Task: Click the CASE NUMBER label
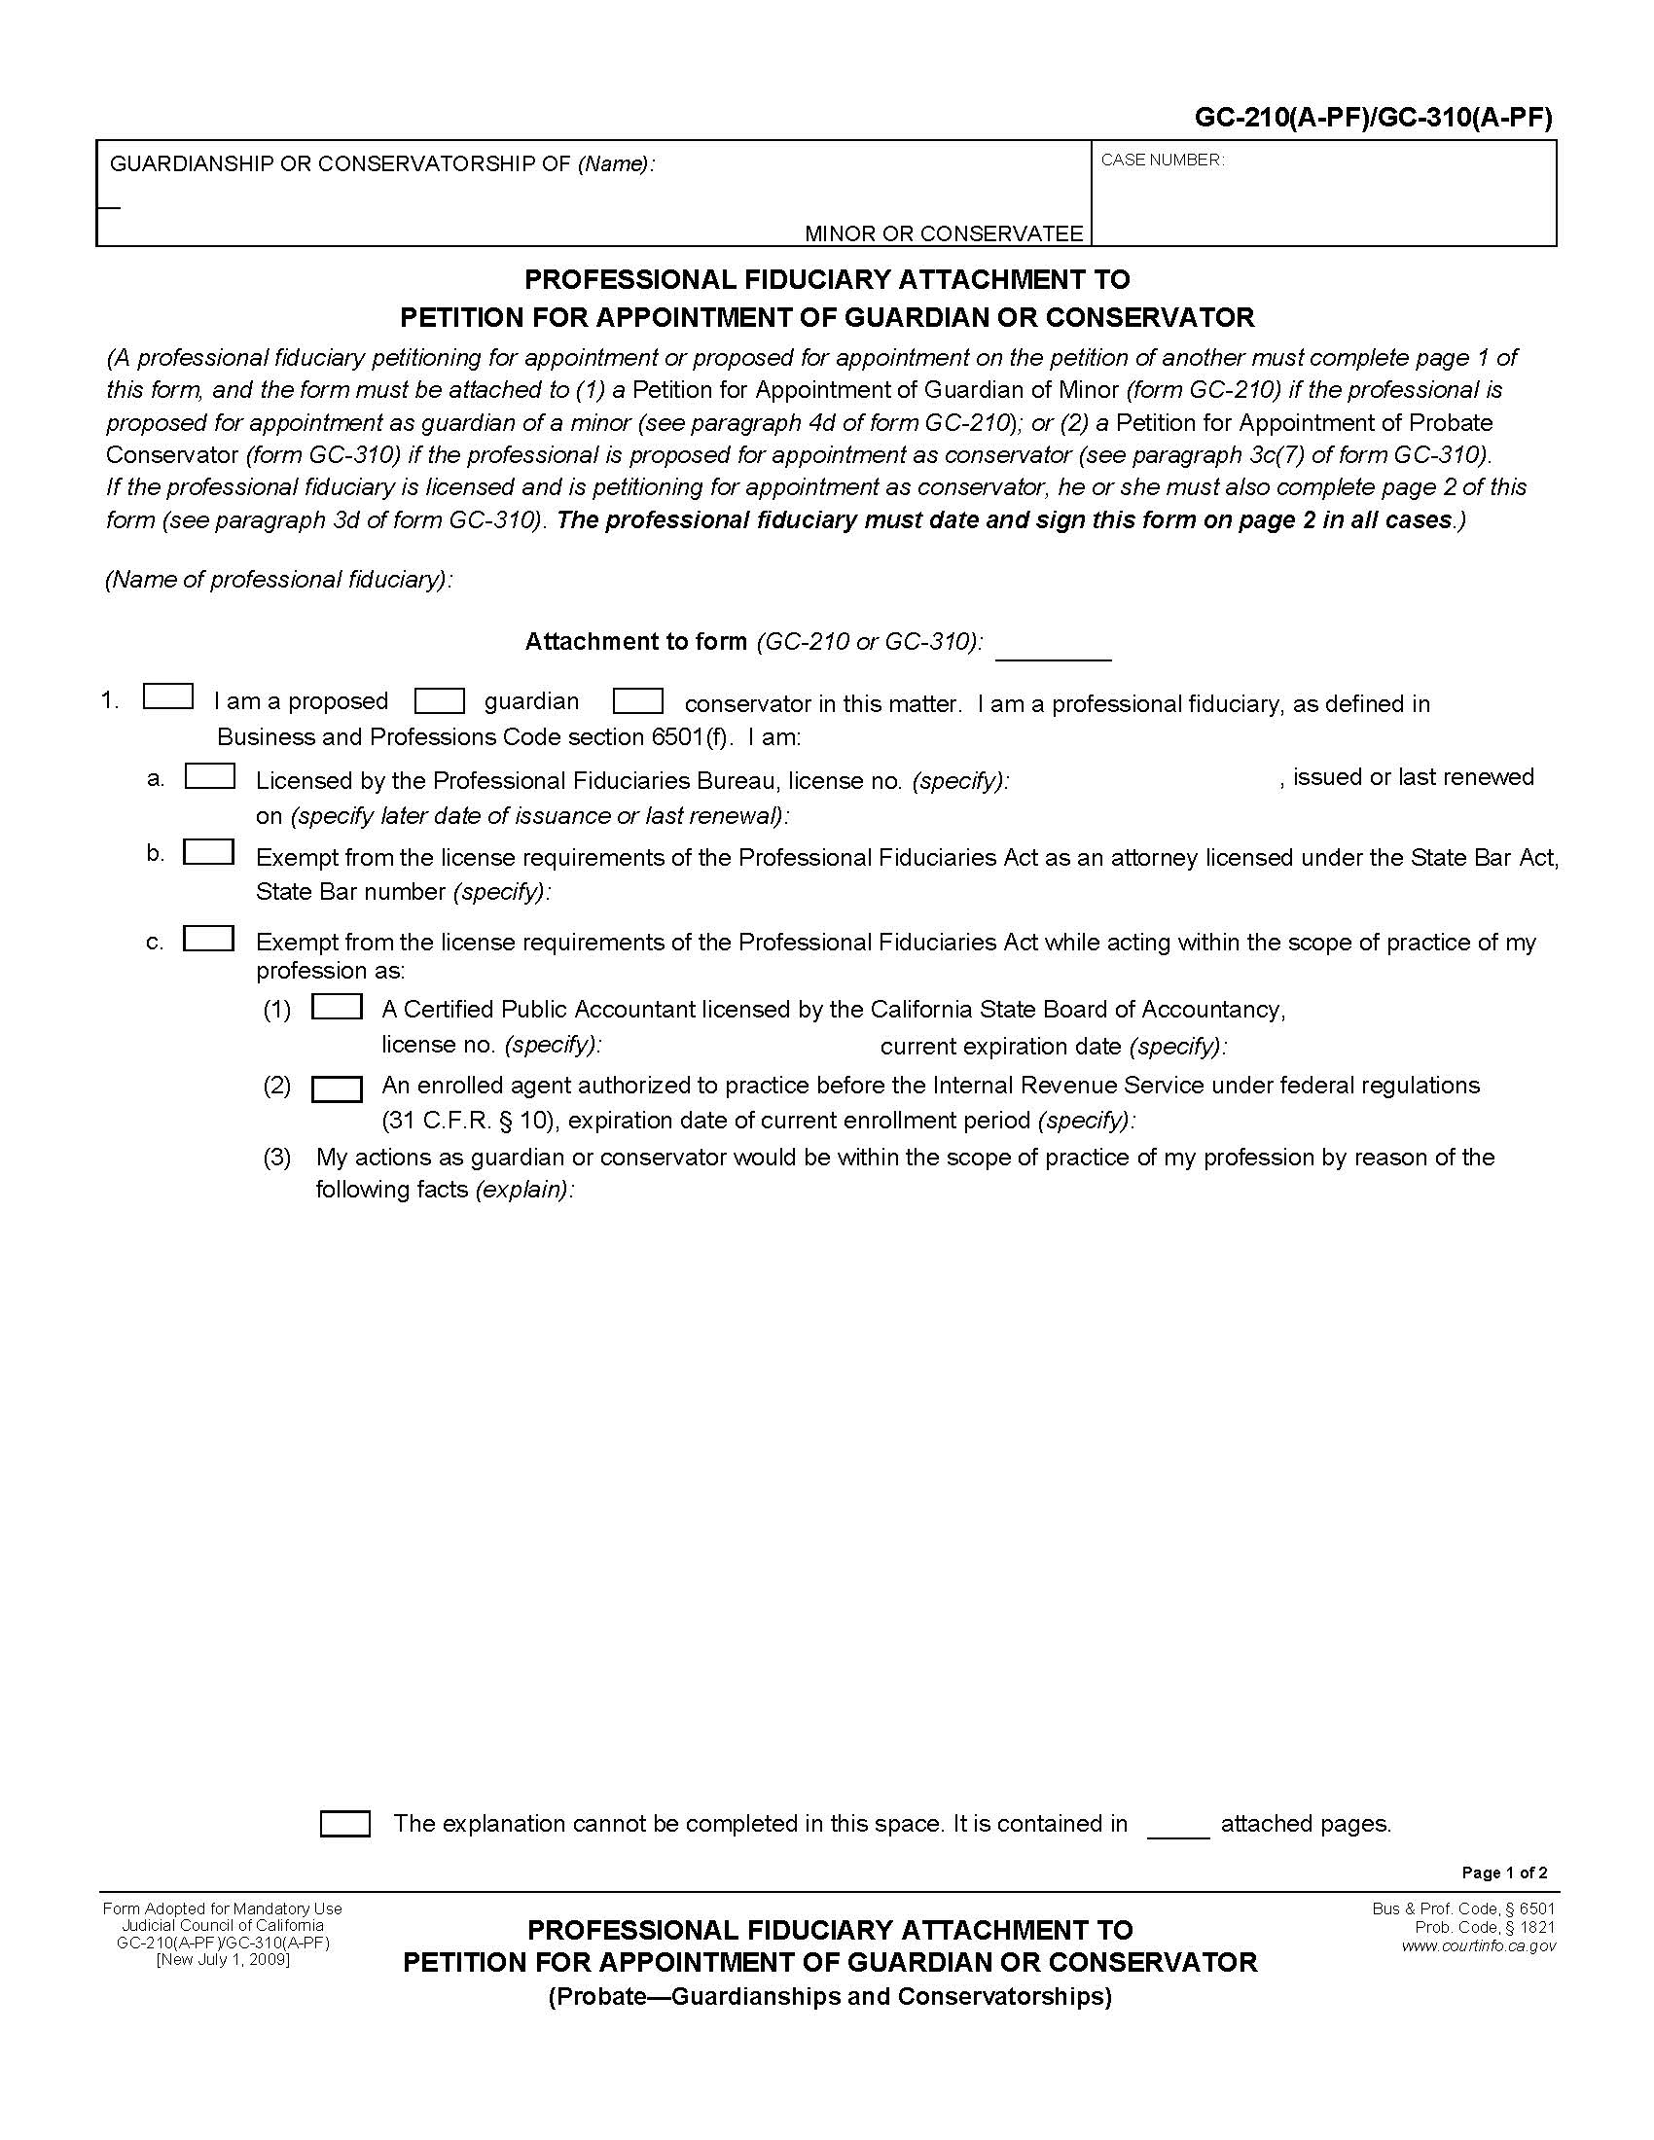point(1162,160)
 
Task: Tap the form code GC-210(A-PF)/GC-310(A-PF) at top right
point(1373,119)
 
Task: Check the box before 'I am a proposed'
point(167,696)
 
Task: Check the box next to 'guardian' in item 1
point(439,701)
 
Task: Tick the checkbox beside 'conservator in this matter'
point(638,701)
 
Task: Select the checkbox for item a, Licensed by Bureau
point(210,776)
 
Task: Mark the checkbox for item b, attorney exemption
point(209,852)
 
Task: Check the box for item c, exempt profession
point(209,939)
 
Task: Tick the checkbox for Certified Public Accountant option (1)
point(336,1008)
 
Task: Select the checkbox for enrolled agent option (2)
point(336,1089)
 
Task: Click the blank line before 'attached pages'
point(1178,1829)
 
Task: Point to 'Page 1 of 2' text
point(1504,1872)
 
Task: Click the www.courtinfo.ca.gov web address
point(1478,1946)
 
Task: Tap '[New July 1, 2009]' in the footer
point(223,1959)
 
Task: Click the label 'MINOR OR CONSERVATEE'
point(944,233)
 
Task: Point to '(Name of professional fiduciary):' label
point(279,580)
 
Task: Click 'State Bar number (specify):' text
point(403,892)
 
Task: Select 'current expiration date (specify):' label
point(1054,1047)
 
